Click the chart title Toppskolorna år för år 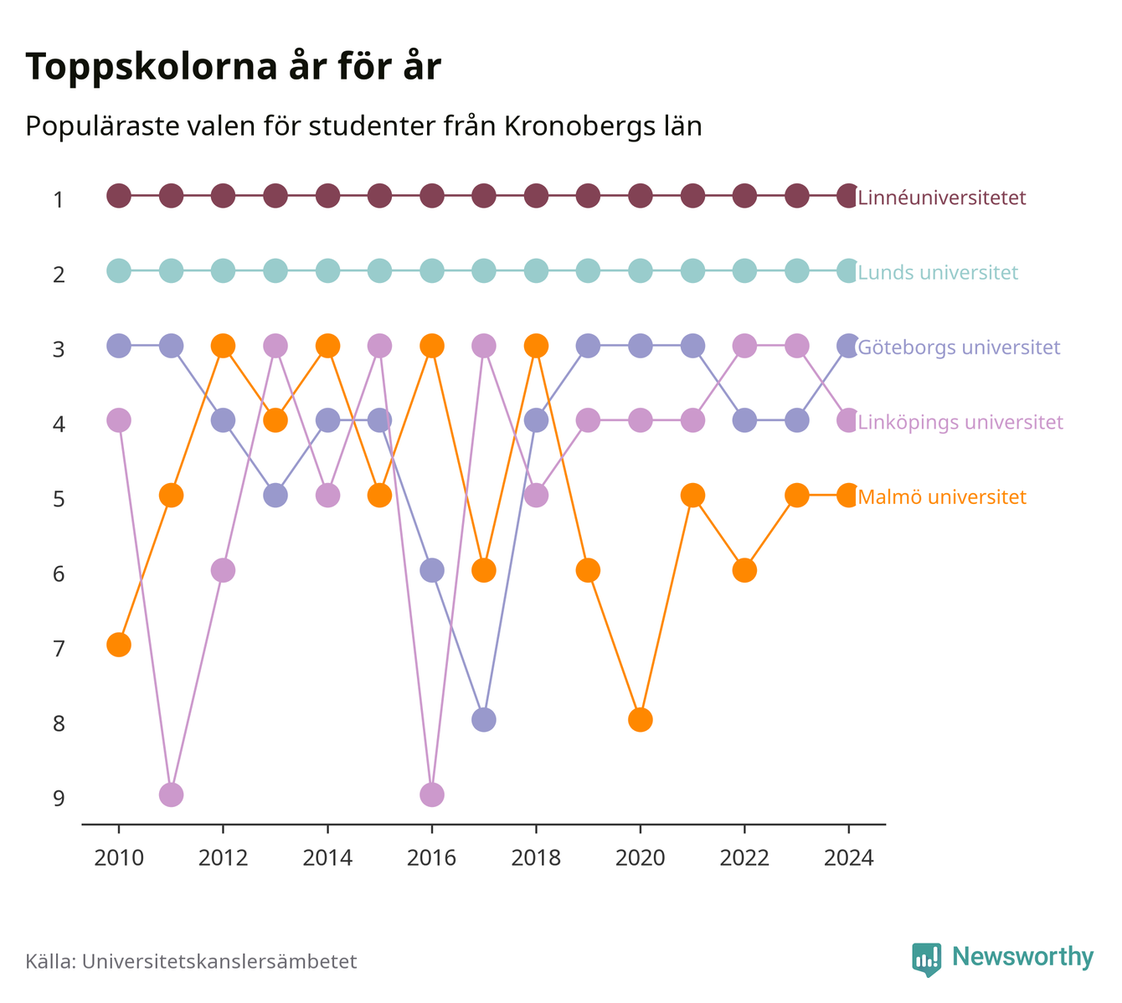click(x=233, y=66)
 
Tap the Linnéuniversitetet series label click(x=941, y=197)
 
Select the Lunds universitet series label click(x=938, y=272)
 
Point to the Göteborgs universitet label click(x=959, y=347)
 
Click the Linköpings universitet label click(x=960, y=422)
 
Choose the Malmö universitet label click(x=941, y=496)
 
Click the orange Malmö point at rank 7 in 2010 click(x=119, y=645)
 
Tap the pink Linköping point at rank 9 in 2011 click(x=171, y=795)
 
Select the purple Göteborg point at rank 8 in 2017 click(x=483, y=719)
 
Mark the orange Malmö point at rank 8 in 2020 click(x=641, y=719)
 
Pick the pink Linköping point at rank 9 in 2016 click(x=432, y=795)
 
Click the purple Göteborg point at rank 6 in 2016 click(x=432, y=570)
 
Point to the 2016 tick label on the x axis click(x=431, y=858)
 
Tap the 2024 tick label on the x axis click(x=848, y=858)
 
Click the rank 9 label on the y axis click(x=59, y=798)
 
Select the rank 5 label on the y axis click(x=59, y=499)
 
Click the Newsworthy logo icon click(x=927, y=959)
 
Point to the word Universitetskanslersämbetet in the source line click(x=219, y=961)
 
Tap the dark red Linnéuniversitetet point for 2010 click(x=119, y=196)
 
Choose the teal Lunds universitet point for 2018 click(x=536, y=270)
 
